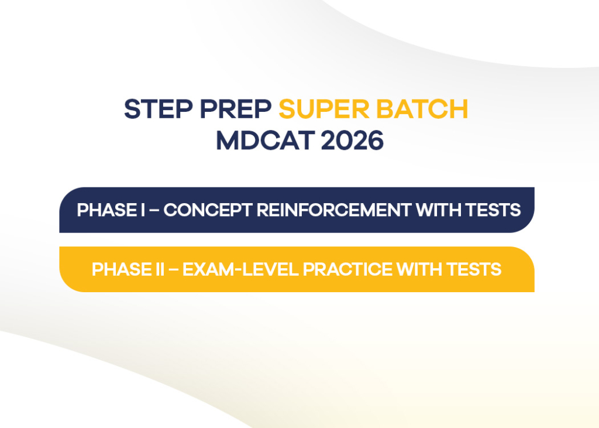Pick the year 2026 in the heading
coord(352,141)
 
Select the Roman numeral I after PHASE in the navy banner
coord(143,210)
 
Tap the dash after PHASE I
coord(154,210)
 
